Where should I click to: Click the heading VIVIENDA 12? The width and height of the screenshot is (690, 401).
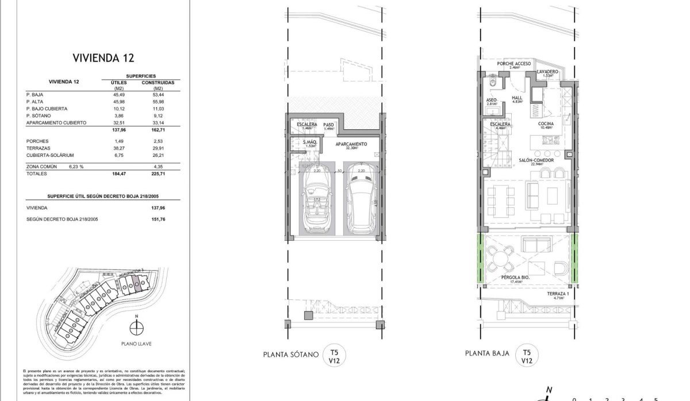tap(103, 57)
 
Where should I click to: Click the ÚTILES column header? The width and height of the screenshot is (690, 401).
tap(110, 83)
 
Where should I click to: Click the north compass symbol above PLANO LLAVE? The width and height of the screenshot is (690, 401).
tap(136, 328)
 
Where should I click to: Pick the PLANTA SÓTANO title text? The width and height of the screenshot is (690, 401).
tap(290, 354)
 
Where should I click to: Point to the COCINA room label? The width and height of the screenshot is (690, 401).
tap(546, 124)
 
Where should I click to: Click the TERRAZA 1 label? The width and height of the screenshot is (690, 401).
tap(558, 294)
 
